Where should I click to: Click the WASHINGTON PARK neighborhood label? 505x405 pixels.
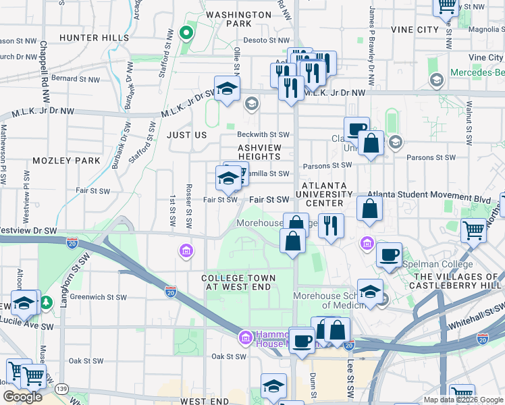[x=238, y=19]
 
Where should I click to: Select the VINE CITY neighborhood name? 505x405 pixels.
[x=414, y=30]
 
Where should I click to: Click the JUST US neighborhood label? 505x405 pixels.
[x=187, y=135]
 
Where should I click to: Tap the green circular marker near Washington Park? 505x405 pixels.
[x=186, y=32]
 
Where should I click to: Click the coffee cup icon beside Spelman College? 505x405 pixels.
[x=389, y=254]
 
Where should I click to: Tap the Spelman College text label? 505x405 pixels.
[x=437, y=264]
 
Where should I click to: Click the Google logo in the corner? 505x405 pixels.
[x=22, y=397]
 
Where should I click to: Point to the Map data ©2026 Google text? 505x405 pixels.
[x=462, y=400]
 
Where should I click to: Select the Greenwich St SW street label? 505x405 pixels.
[x=99, y=296]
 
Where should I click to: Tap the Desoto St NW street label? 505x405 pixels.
[x=265, y=40]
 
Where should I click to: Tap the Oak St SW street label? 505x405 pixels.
[x=228, y=356]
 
